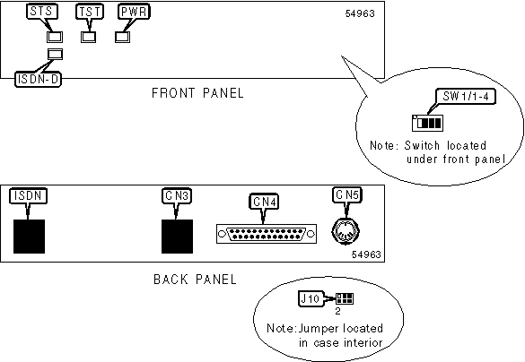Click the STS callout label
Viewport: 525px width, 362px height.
42,12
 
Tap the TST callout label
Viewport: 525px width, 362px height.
90,12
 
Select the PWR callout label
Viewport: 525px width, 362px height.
134,12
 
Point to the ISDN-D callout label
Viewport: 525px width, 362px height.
39,79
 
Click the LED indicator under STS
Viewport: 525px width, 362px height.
55,37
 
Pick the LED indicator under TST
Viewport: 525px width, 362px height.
88,37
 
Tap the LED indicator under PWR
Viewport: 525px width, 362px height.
123,37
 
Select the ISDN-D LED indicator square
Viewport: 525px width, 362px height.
56,54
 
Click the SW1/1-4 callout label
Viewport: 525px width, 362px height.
466,96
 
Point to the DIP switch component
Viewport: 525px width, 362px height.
427,123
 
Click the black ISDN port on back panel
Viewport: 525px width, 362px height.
29,237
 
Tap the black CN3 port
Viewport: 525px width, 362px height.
177,237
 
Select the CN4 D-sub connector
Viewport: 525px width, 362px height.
267,234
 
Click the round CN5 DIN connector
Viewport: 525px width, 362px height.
346,231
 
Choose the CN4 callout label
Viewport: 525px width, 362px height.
265,202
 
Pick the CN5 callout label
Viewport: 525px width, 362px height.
347,194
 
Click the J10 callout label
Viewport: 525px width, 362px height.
310,298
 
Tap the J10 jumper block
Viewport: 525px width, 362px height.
345,298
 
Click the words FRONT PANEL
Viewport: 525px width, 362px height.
197,93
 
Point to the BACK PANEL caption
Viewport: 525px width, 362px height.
196,279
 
